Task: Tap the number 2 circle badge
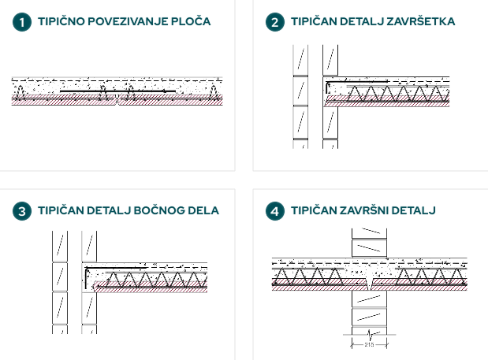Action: [274, 22]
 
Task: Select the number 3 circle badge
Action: [22, 211]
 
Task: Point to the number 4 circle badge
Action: [274, 211]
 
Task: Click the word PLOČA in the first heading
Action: [190, 21]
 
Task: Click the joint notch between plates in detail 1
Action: [117, 100]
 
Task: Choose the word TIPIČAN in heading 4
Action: [314, 210]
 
